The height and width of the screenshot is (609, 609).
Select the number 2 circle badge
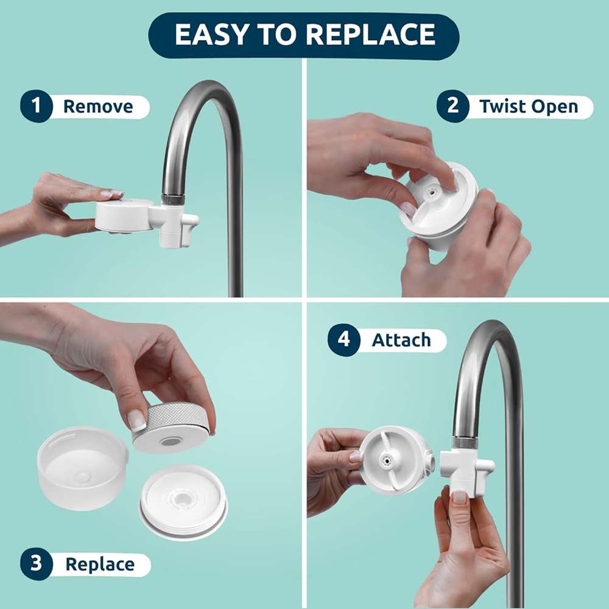452,107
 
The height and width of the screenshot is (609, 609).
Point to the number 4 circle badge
343,340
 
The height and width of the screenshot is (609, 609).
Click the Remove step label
98,107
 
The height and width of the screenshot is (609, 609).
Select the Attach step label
401,340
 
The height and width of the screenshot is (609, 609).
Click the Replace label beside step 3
99,564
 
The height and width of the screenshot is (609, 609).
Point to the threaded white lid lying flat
183,502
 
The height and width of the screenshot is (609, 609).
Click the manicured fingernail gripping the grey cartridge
136,420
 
